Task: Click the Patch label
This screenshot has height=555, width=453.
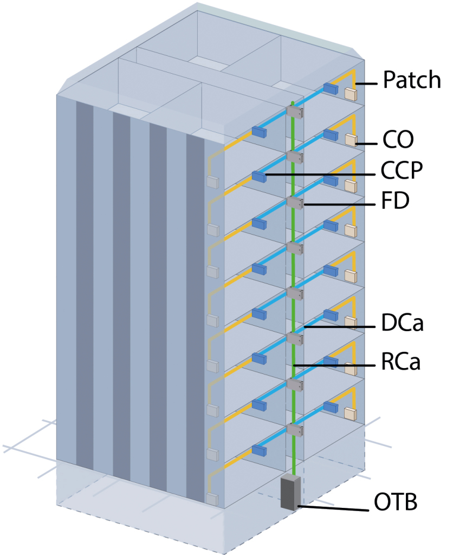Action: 412,80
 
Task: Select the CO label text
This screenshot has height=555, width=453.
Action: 398,139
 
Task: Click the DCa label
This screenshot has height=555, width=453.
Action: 401,325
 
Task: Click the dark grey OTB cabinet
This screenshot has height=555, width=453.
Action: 290,492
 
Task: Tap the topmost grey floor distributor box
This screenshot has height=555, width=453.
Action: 294,112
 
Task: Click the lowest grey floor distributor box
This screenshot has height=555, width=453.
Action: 294,430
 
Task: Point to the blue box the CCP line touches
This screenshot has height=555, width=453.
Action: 259,176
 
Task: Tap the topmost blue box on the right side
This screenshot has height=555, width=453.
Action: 331,88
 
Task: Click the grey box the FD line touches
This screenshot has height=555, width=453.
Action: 294,203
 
